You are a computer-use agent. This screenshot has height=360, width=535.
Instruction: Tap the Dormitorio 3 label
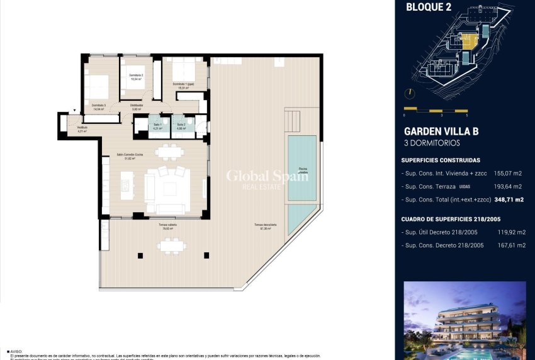[98, 107]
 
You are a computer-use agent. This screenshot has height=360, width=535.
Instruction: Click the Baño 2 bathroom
[181, 127]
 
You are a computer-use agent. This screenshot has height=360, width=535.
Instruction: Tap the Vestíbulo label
[82, 130]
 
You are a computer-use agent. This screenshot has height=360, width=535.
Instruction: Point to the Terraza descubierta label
[262, 227]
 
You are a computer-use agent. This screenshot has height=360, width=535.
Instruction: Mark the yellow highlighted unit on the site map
[468, 41]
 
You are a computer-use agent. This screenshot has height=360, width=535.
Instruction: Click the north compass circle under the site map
[410, 93]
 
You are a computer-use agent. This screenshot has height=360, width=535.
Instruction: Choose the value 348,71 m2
[509, 200]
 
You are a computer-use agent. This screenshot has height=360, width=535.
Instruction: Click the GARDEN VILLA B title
[441, 132]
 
